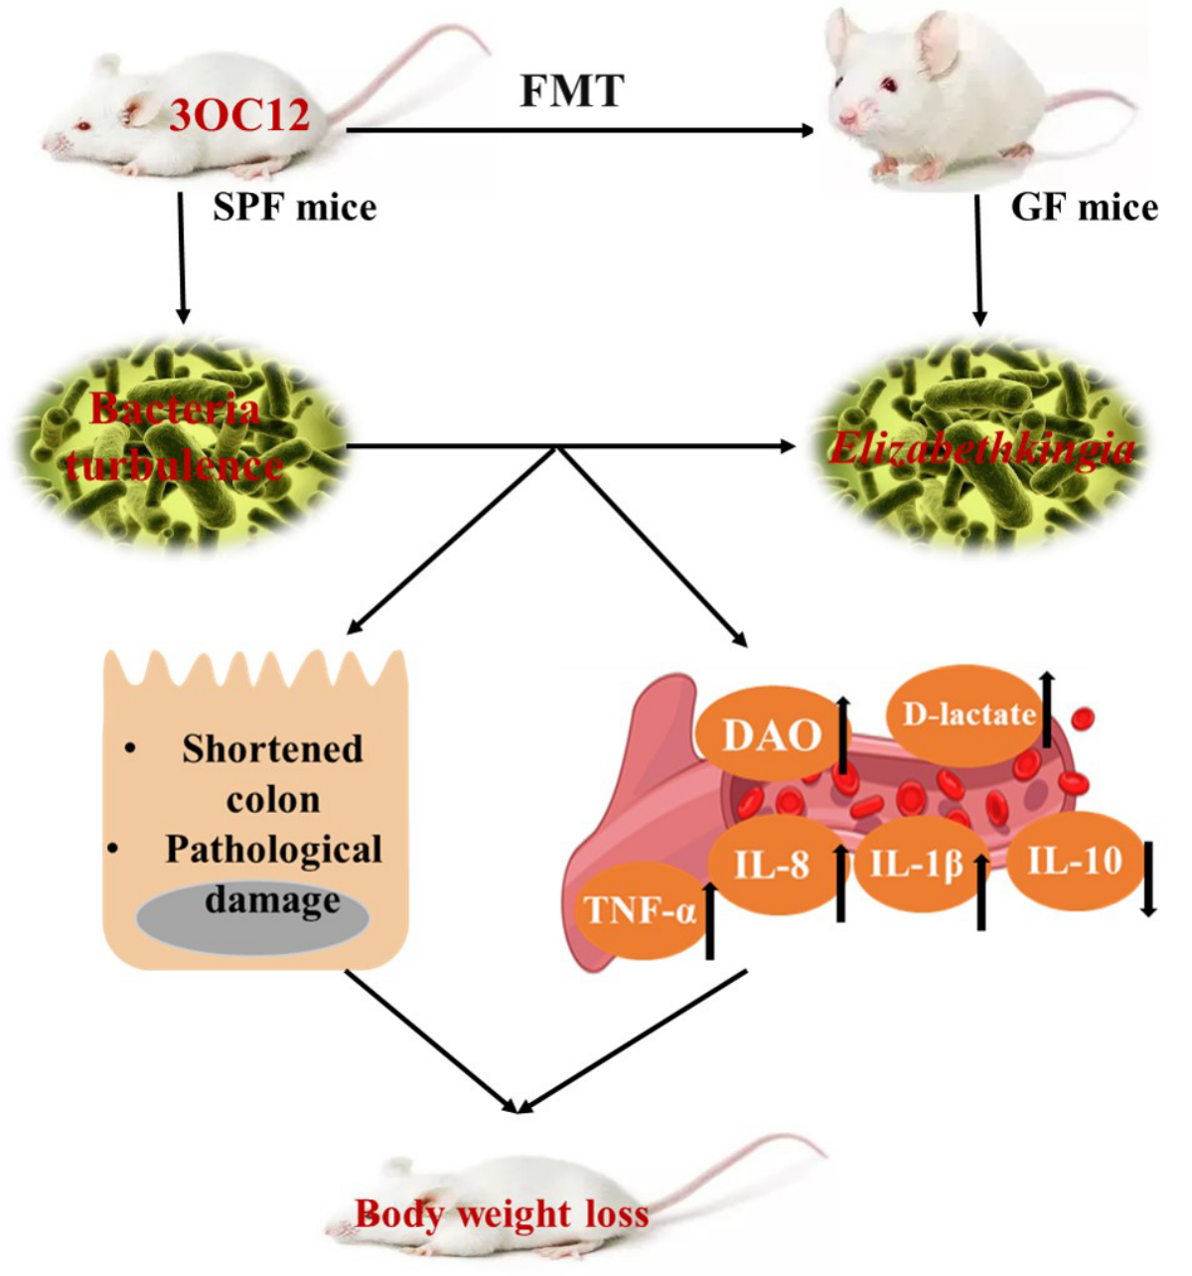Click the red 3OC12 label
coord(239,116)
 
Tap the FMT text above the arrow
coord(572,91)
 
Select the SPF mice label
coord(295,208)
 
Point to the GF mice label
coord(1084,208)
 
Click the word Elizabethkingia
coord(981,449)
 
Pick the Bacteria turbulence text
coord(175,437)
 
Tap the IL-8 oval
coord(772,866)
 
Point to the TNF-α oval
coord(641,910)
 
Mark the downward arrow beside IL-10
coord(1148,878)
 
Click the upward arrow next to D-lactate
coord(1047,709)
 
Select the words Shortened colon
coord(272,773)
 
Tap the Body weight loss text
coord(502,1213)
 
